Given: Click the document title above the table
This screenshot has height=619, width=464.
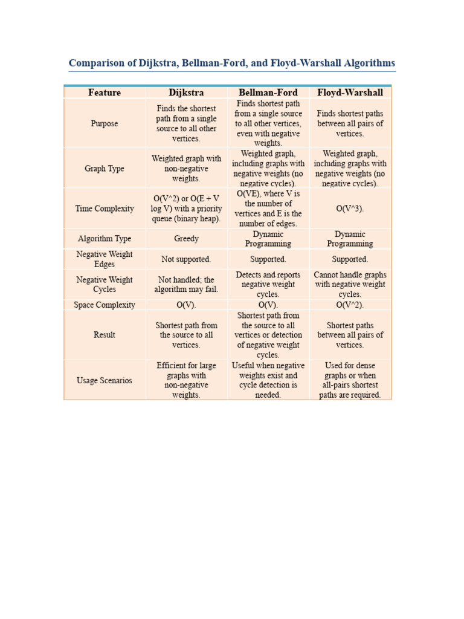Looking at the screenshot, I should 232,63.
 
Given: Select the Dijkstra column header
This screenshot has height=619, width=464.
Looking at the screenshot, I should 186,92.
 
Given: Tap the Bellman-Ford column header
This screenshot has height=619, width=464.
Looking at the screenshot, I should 268,92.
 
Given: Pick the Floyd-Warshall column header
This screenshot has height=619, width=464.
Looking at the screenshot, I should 350,92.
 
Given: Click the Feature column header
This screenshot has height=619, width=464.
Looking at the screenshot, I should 105,92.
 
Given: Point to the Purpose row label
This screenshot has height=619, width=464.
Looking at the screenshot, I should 105,123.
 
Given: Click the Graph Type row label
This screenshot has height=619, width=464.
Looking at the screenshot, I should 105,169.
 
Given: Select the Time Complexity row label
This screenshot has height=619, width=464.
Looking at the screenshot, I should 105,209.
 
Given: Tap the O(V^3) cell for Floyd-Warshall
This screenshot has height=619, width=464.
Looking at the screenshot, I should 350,209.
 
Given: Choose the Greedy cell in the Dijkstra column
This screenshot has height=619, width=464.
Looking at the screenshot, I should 186,239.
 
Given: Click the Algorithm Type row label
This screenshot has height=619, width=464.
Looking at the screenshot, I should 105,239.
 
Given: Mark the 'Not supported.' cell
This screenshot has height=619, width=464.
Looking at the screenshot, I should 186,259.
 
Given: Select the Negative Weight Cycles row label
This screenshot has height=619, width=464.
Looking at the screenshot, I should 105,285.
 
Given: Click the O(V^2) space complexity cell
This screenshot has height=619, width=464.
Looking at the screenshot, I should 350,305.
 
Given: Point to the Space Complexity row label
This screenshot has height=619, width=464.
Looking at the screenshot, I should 105,305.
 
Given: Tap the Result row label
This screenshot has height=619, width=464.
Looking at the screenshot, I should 105,335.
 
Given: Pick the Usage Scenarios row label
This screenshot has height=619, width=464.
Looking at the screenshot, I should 105,380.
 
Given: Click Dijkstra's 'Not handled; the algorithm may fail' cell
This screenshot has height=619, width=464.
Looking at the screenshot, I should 186,285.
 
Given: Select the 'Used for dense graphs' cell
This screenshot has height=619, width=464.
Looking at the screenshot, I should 350,380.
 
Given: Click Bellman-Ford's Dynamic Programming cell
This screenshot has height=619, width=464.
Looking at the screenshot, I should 268,239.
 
